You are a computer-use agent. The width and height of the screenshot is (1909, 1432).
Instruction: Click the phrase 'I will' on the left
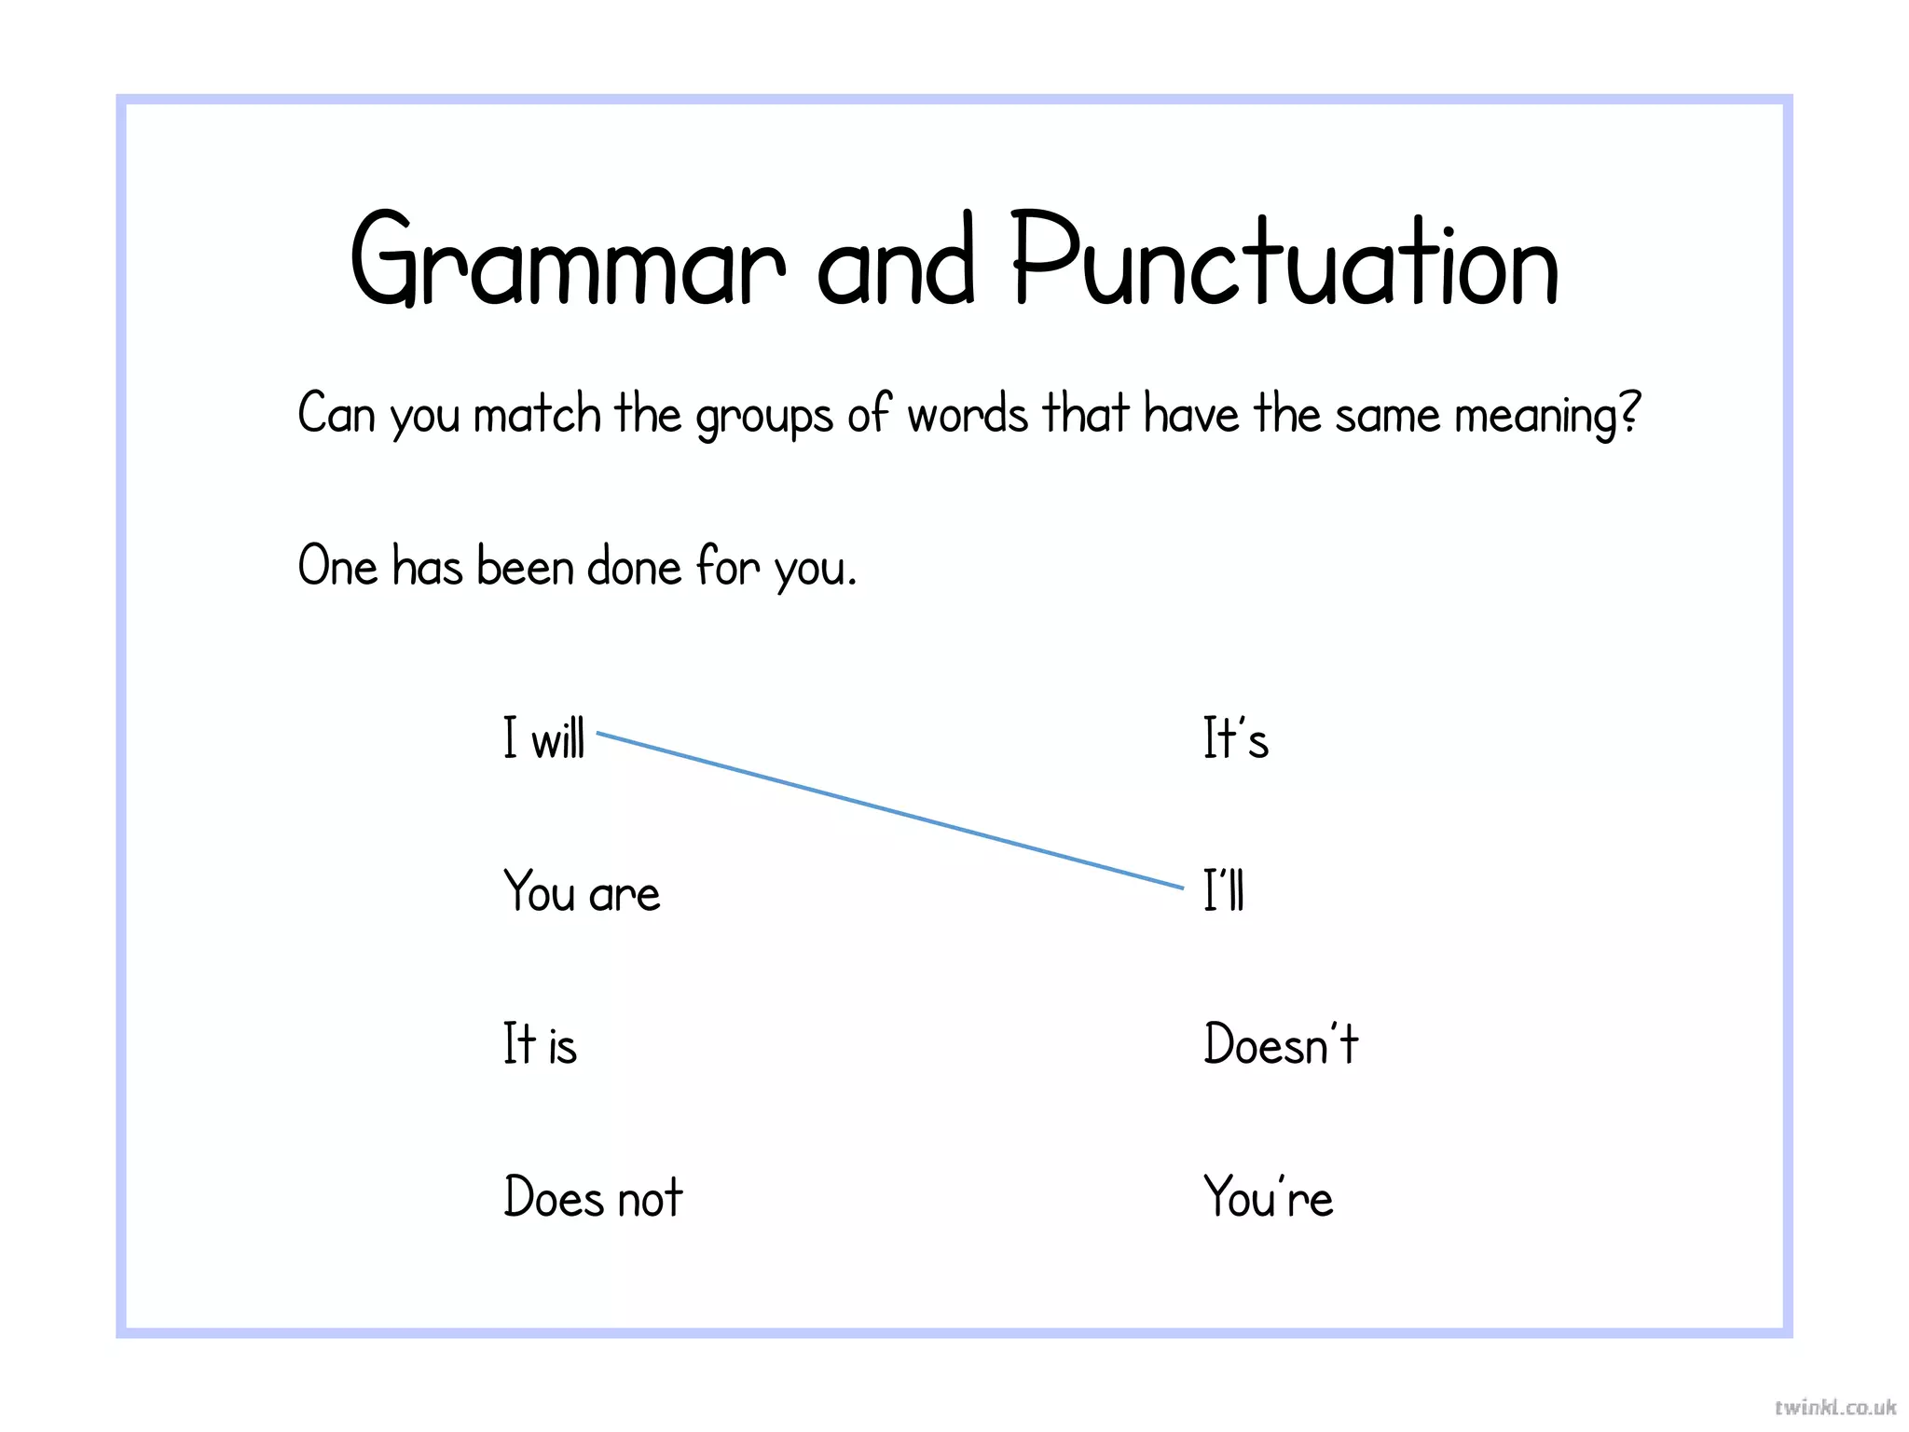(x=544, y=738)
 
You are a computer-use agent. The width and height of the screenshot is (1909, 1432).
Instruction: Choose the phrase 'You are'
(x=582, y=891)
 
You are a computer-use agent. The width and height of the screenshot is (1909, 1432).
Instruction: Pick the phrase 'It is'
(x=541, y=1044)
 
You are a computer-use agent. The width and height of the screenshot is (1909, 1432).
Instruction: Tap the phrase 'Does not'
(x=593, y=1197)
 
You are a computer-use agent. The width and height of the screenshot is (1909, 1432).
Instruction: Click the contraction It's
(x=1235, y=738)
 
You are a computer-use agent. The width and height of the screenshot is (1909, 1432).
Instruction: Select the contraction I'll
(x=1224, y=891)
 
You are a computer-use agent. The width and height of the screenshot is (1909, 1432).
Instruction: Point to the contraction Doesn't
(x=1281, y=1044)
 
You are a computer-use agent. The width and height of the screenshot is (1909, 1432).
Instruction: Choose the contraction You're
(x=1268, y=1197)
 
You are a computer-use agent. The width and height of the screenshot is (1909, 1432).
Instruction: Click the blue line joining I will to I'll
(x=890, y=811)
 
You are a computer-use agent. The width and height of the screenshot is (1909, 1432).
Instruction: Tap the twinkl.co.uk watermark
(x=1834, y=1407)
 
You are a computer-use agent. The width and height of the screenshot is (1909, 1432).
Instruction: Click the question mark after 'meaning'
(x=1629, y=414)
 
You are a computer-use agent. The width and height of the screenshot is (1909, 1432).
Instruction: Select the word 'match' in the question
(x=537, y=414)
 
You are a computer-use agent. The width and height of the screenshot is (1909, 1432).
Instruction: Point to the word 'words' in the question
(x=968, y=414)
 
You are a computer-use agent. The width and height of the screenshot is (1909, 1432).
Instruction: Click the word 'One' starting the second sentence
(x=337, y=566)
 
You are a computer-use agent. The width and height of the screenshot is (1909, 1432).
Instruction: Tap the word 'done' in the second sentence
(x=635, y=566)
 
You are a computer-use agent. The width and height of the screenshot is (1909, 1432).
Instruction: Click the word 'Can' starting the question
(x=336, y=414)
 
